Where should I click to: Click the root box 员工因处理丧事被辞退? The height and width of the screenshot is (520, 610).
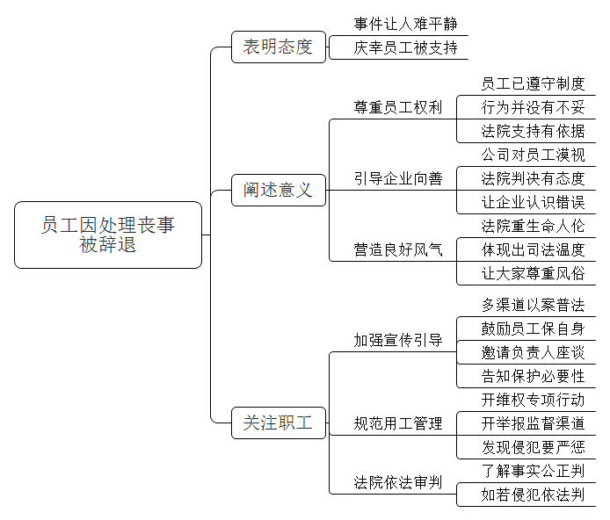pyautogui.click(x=108, y=235)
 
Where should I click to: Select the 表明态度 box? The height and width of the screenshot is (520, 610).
pyautogui.click(x=279, y=47)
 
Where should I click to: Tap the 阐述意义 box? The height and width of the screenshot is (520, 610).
pyautogui.click(x=279, y=190)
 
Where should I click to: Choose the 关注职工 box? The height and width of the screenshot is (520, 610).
pyautogui.click(x=279, y=422)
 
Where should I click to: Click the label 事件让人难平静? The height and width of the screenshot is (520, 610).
pyautogui.click(x=405, y=24)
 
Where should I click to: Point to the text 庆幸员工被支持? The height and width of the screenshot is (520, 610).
pyautogui.click(x=405, y=47)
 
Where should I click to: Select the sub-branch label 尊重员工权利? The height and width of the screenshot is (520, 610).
pyautogui.click(x=398, y=107)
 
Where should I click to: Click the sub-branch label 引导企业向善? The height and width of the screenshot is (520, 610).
pyautogui.click(x=398, y=178)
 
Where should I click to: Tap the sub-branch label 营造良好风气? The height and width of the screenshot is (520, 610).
pyautogui.click(x=398, y=249)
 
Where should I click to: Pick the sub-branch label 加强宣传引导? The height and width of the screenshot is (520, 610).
pyautogui.click(x=398, y=340)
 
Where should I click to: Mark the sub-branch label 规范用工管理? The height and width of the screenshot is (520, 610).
pyautogui.click(x=398, y=423)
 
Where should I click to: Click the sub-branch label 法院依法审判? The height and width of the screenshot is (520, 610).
pyautogui.click(x=398, y=483)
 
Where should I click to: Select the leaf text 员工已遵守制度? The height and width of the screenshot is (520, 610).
pyautogui.click(x=533, y=83)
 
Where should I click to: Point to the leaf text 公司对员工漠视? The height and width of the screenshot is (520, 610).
pyautogui.click(x=533, y=155)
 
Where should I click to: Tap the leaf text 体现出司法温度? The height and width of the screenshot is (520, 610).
pyautogui.click(x=533, y=249)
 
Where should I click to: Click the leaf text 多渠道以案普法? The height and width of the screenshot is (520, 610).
pyautogui.click(x=533, y=305)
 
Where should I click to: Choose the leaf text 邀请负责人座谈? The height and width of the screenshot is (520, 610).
pyautogui.click(x=533, y=352)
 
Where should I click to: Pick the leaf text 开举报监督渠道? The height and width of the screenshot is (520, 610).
pyautogui.click(x=533, y=423)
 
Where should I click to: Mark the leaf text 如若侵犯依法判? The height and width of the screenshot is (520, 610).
pyautogui.click(x=533, y=495)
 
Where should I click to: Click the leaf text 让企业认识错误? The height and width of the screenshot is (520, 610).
pyautogui.click(x=533, y=202)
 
